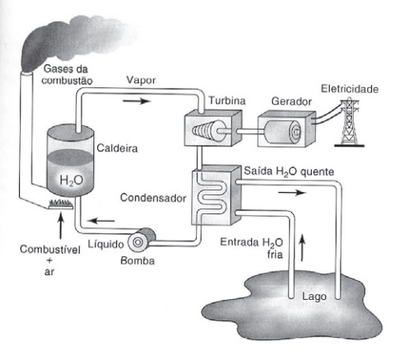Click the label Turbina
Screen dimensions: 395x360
tap(227, 101)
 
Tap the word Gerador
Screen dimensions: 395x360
tap(291, 101)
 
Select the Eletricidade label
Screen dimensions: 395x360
tap(350, 89)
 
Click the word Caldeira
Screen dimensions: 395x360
tap(117, 148)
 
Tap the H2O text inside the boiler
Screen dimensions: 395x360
tap(72, 180)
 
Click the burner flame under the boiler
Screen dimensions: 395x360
tap(61, 203)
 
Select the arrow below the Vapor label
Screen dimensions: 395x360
tap(137, 101)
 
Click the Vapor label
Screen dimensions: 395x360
tap(141, 80)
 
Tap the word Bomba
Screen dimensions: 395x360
tap(137, 260)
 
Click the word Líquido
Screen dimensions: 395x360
tap(106, 244)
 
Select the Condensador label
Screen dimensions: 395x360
tap(153, 198)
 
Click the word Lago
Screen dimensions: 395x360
tap(314, 297)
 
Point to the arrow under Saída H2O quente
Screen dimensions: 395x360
tap(292, 193)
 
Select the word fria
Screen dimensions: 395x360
tap(275, 254)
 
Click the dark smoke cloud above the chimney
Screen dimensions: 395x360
tap(74, 41)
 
